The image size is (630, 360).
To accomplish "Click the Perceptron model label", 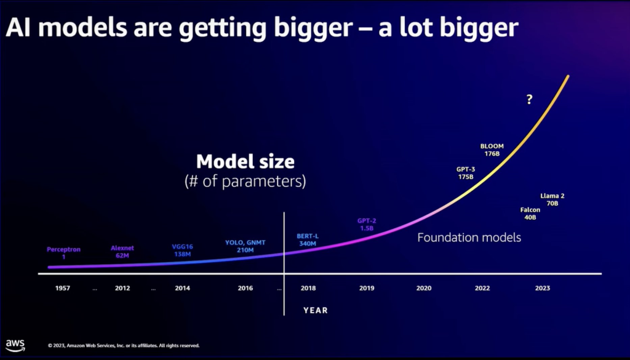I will coord(63,253).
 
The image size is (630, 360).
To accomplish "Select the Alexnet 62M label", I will coord(122,252).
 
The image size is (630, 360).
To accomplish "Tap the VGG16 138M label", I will coord(182,250).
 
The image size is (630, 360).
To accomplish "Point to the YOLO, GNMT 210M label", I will coord(245,246).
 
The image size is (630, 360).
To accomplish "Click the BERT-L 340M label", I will coord(307,240).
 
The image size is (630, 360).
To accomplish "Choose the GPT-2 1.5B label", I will coord(367,224).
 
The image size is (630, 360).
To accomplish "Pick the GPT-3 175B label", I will coord(466,173).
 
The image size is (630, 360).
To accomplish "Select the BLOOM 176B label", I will coord(492,150).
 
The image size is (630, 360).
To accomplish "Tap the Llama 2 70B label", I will coord(552,199).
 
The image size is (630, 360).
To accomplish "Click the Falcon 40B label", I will coord(530,214).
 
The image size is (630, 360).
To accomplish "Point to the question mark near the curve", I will coord(529,100).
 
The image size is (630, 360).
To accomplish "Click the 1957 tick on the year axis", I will coord(63,288).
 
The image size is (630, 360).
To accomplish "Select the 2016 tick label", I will coord(245,288).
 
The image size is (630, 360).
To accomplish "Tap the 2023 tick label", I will coord(543,288).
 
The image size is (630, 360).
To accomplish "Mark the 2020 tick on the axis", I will coord(423,288).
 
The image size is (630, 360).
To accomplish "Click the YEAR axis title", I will coord(315,311).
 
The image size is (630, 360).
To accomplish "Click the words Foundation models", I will coord(469,237).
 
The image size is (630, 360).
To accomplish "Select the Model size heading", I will coord(245,162).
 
